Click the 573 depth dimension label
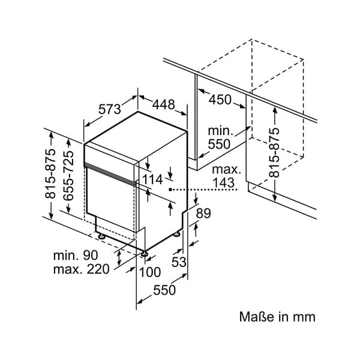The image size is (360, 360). coord(110,109)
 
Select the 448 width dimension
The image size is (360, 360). coord(163,105)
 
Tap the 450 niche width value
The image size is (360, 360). coord(220,100)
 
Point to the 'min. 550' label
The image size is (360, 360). coord(220,137)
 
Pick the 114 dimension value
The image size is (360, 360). coord(152,179)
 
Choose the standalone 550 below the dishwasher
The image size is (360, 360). coord(164,290)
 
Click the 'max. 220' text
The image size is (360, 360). coord(81,269)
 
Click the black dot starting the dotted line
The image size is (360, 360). coord(171,189)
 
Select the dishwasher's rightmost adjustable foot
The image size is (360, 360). coord(178,233)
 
